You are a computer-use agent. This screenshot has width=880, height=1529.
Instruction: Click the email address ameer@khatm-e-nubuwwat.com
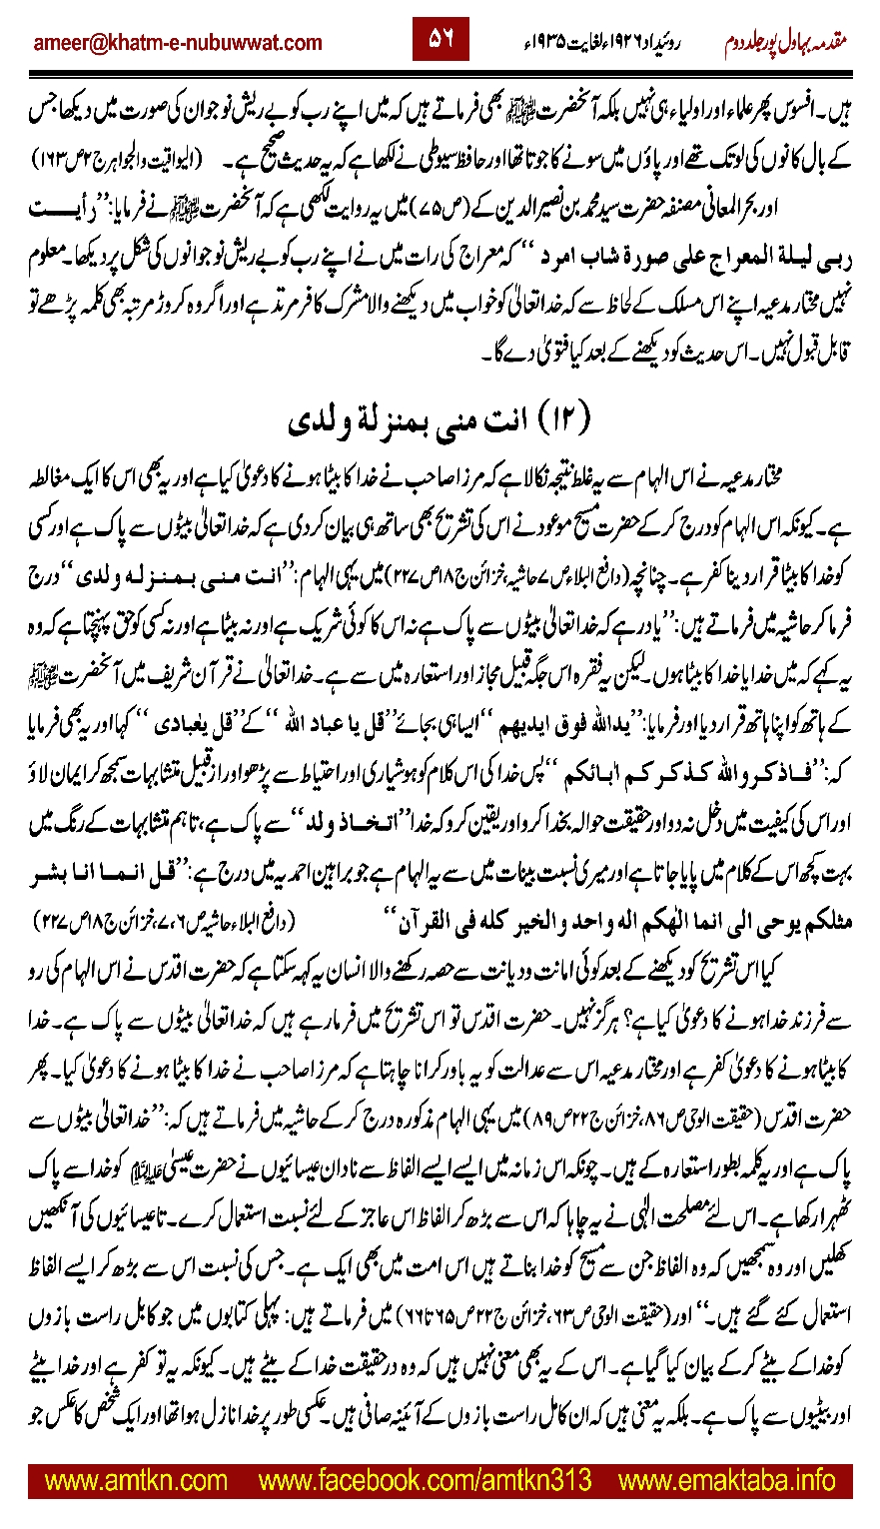[x=178, y=42]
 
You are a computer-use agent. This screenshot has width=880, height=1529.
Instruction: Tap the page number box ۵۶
[x=440, y=39]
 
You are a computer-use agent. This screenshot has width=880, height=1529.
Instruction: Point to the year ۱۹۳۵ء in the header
[x=551, y=42]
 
